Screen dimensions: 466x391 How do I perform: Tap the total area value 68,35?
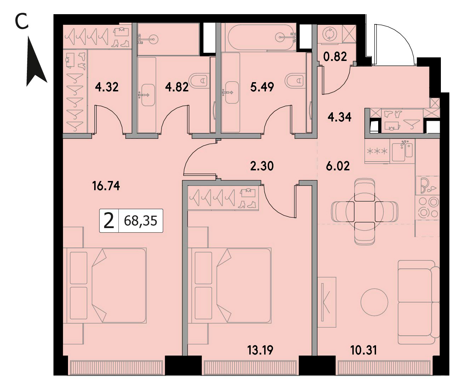[x=141, y=221]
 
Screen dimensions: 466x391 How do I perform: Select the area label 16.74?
[x=106, y=186]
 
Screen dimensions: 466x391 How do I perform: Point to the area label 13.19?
[x=260, y=350]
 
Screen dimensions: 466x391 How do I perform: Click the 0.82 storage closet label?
[x=335, y=56]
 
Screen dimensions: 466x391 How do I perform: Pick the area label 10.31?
[x=364, y=350]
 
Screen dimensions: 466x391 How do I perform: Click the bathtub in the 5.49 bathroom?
[x=260, y=37]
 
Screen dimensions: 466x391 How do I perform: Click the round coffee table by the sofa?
[x=374, y=302]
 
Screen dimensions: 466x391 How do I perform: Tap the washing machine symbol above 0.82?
[x=330, y=34]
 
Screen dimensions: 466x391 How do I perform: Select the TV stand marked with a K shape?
[x=327, y=302]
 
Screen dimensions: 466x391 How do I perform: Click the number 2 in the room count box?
[x=109, y=221]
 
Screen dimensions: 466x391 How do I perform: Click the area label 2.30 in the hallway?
[x=262, y=166]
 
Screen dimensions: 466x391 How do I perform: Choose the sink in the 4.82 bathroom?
[x=148, y=95]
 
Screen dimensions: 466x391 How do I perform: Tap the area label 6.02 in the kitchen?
[x=338, y=166]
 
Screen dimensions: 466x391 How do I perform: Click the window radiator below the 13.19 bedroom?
[x=250, y=368]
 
